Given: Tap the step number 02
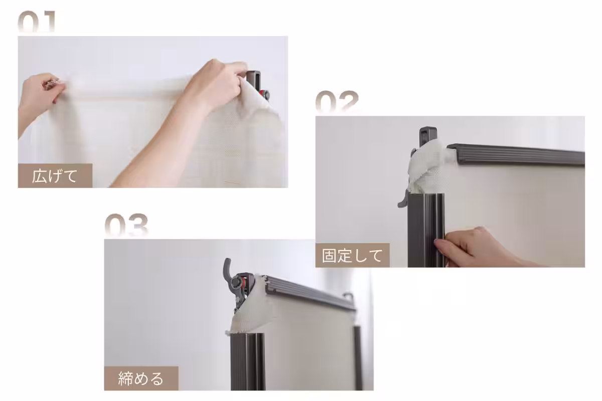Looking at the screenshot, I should [x=337, y=103].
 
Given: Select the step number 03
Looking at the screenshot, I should [x=126, y=226].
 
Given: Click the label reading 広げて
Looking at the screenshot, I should [x=55, y=176].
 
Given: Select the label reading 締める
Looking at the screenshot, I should [x=141, y=378].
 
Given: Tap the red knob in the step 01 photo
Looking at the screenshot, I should [x=263, y=94].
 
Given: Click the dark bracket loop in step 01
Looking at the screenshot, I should [x=255, y=78].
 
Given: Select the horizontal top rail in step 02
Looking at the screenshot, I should [x=517, y=154].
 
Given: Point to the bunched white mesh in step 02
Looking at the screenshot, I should [x=425, y=165].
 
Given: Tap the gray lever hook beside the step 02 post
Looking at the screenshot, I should [x=404, y=198].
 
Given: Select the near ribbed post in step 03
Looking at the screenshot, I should [x=247, y=361].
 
